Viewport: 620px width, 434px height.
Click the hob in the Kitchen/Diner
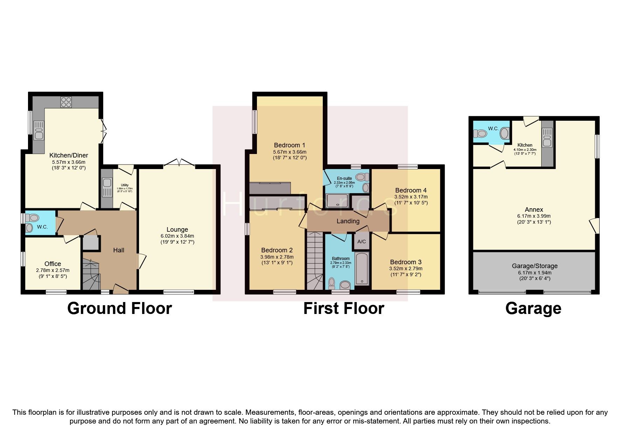click(66, 102)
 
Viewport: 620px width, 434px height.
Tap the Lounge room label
click(177, 230)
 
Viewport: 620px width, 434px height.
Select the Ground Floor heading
click(119, 308)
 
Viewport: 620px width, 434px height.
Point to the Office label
click(53, 264)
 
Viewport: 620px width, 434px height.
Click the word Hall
click(119, 250)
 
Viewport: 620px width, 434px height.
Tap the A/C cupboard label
click(362, 242)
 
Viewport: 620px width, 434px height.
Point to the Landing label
click(348, 221)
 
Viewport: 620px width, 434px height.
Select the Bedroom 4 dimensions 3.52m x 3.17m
click(411, 197)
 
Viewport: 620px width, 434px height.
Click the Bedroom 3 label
click(406, 262)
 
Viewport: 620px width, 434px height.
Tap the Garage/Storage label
click(534, 266)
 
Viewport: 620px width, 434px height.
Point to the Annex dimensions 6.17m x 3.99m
click(534, 216)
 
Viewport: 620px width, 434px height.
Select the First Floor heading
click(343, 308)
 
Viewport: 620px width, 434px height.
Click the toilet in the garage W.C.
click(481, 133)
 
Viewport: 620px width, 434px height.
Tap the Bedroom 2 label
click(277, 250)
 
